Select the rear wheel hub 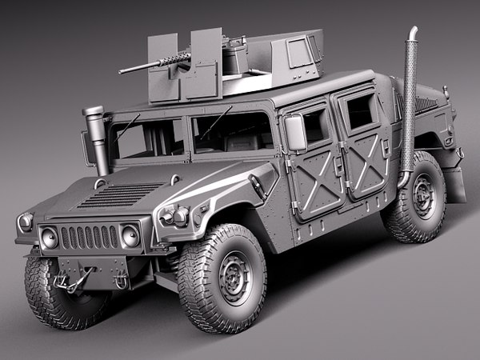pos(422,196)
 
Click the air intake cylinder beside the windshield pos(97,136)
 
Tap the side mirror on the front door pos(295,133)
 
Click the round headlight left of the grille pos(50,238)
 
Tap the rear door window pos(361,111)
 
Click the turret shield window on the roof pos(300,51)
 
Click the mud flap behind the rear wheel pos(455,184)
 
